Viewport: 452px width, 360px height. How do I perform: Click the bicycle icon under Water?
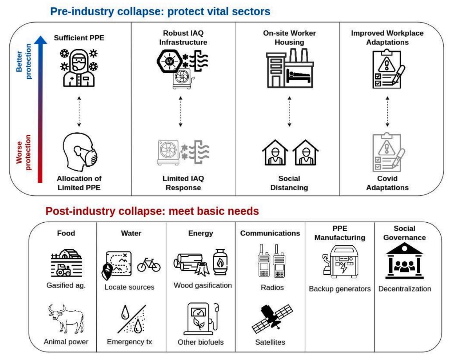[149, 265]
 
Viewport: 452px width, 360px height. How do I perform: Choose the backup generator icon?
[339, 262]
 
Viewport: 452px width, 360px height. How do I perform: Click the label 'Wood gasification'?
[202, 285]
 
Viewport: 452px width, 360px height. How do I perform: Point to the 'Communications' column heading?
[270, 233]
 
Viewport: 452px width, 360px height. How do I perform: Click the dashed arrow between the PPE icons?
[79, 112]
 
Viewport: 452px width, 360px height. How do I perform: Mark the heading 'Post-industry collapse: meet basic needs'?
[152, 211]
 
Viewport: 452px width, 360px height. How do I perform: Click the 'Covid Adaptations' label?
[387, 183]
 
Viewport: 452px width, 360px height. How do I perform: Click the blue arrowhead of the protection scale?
[40, 39]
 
